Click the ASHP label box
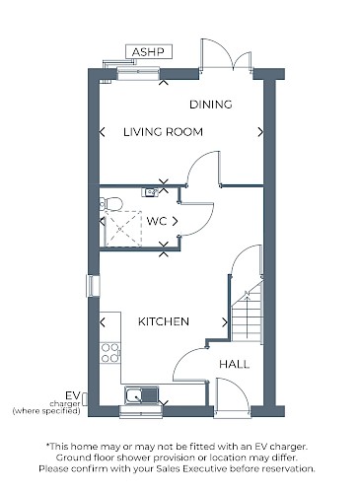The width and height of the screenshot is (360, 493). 149,52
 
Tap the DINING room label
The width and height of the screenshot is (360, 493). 211,105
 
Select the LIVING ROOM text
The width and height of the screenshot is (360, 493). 163,132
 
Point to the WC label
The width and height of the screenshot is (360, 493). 157,221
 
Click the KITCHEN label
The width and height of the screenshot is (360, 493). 164,321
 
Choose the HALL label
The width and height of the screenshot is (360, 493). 234,364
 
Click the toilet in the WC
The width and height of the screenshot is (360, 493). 110,204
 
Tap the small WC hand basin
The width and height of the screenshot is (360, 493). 150,192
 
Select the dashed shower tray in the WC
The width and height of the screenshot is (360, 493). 123,229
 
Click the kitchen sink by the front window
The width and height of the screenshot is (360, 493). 142,394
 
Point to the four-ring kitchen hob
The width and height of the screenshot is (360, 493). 110,353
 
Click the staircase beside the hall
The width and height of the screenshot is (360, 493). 248,313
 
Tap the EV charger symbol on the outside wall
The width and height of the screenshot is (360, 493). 85,398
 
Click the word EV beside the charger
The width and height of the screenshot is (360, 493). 73,395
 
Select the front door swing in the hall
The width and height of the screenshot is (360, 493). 233,396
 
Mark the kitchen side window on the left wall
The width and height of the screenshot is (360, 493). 93,286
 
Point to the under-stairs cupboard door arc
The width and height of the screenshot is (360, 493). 247,259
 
